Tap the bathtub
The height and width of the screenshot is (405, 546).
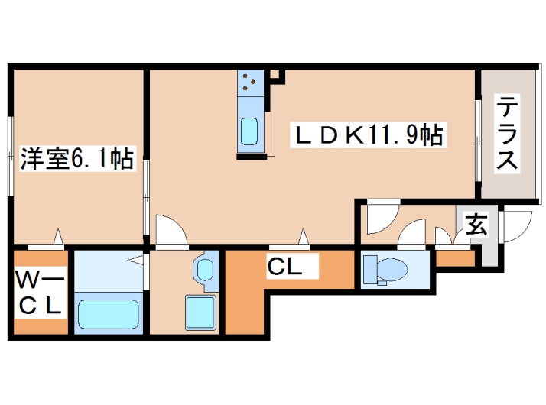(x=107, y=313)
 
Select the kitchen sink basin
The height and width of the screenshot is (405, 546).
(x=250, y=132)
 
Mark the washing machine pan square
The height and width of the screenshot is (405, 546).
(x=200, y=312)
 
